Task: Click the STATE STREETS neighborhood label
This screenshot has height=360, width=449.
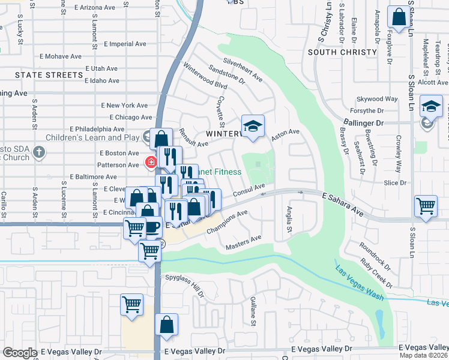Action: point(49,75)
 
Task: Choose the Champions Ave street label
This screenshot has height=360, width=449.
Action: point(227,222)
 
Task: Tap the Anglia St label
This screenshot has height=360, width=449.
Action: point(289,220)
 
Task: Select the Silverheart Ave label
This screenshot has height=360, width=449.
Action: point(243,70)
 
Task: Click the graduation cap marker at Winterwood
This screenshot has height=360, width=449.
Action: point(253,127)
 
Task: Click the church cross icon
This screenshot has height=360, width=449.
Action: point(39,151)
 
